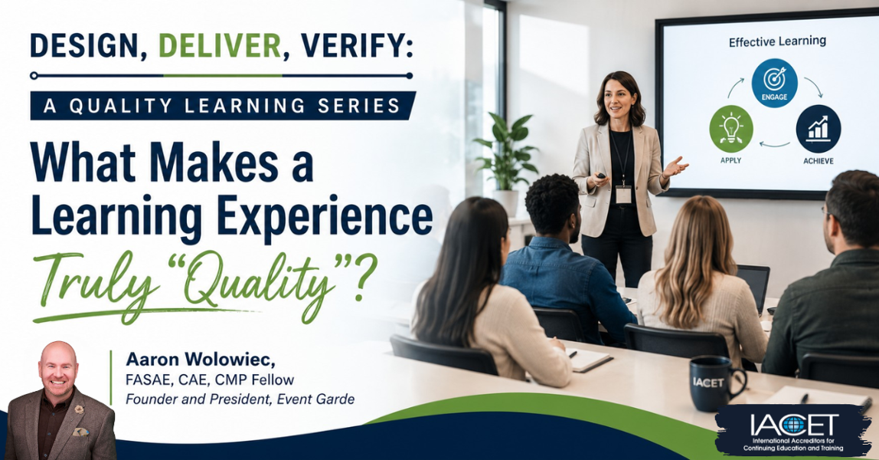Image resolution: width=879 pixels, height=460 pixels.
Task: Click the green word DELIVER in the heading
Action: point(220,45)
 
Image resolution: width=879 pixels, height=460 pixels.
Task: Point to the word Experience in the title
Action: point(325,216)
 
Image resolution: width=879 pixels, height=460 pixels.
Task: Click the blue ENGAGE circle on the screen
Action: point(774,83)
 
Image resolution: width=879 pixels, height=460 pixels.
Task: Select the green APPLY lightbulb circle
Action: point(731,129)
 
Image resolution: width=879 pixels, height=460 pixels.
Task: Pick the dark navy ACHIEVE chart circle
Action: point(818,129)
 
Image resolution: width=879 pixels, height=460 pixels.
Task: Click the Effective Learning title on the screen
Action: point(777,41)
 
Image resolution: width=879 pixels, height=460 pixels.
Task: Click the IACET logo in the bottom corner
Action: point(793,430)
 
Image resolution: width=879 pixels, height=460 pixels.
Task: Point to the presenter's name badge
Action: point(623,194)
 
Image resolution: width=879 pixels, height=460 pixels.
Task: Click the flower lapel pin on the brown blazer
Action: point(79,409)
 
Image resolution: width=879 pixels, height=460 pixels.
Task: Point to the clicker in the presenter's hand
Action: point(600,176)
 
